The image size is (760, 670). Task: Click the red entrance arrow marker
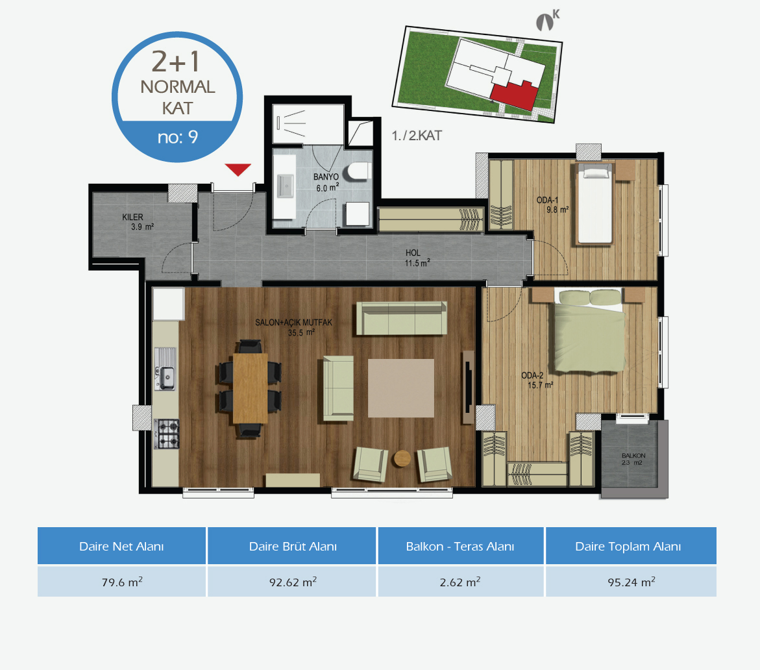point(238,169)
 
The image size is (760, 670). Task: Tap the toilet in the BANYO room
point(357,171)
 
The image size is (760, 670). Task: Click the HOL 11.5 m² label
point(417,258)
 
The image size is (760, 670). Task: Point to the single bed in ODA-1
point(595,204)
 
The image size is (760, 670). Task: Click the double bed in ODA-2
point(589,330)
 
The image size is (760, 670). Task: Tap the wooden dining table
point(250,388)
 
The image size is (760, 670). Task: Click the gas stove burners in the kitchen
point(166,434)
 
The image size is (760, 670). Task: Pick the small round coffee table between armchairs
point(402,458)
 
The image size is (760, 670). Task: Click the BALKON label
point(633,456)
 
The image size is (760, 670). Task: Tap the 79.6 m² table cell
point(121,582)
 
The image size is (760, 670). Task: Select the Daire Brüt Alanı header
point(292,547)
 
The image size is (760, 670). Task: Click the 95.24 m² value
point(631,582)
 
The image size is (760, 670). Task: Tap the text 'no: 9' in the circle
point(177,137)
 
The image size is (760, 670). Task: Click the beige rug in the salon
point(401,388)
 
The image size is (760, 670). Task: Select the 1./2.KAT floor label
point(417,136)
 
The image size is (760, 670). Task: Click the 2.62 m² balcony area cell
point(460,582)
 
